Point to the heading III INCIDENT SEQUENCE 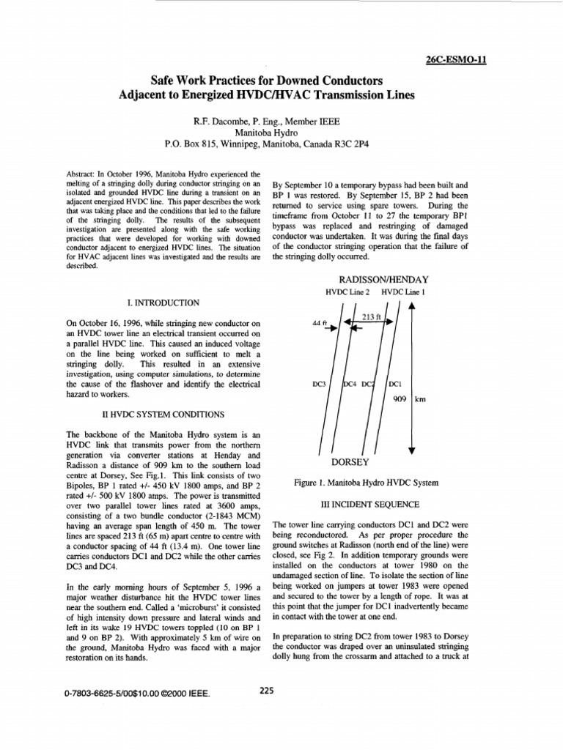tap(367, 505)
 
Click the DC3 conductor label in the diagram tap(320, 383)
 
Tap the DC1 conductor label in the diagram tap(395, 383)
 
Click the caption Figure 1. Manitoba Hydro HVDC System tap(365, 483)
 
